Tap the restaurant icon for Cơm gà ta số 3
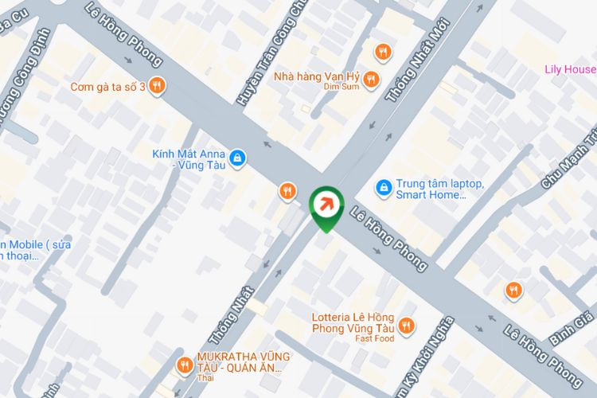[158, 85]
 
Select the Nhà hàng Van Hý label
[317, 76]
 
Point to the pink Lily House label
[570, 69]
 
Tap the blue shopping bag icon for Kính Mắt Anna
[236, 159]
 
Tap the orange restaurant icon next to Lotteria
[407, 325]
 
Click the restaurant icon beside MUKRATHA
[184, 365]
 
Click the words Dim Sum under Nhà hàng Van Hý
[342, 88]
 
